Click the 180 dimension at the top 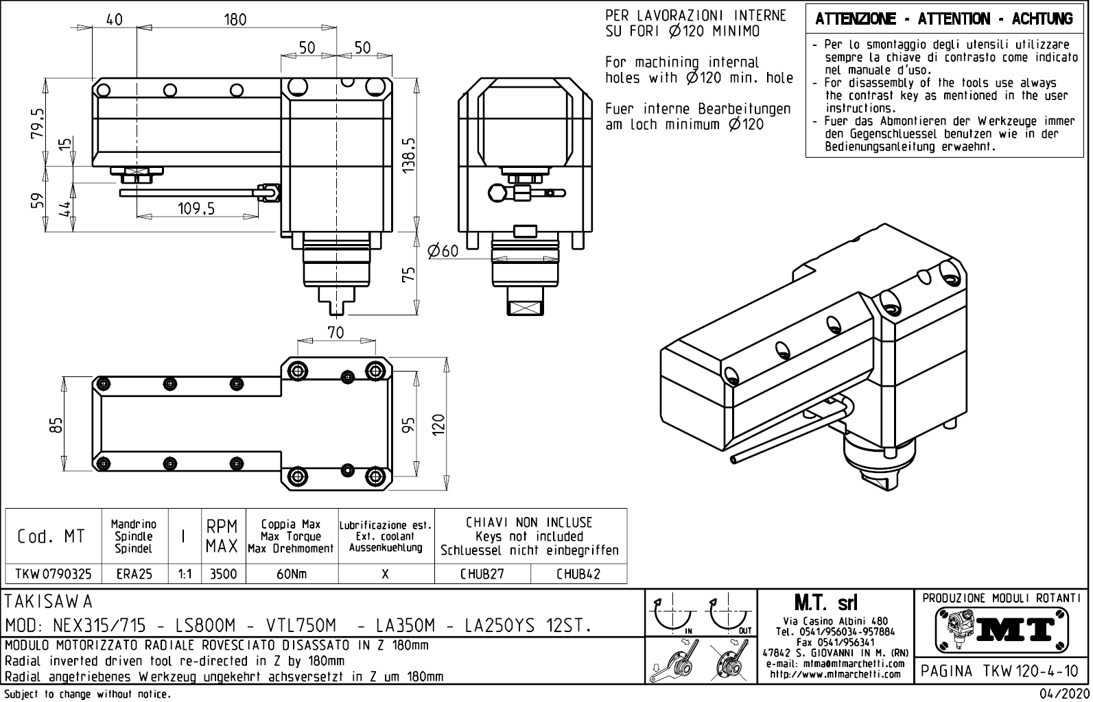coord(235,20)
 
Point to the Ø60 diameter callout coord(443,252)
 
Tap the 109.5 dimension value coord(196,208)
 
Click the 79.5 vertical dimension coord(38,123)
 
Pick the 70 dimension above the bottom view coord(336,333)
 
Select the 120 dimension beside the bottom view coord(439,424)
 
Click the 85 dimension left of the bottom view coord(57,426)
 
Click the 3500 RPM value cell coord(223,574)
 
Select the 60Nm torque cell coord(292,574)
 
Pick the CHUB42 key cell coord(578,574)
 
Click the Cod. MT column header coord(51,537)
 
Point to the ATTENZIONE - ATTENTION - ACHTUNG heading coord(943,20)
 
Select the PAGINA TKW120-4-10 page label coord(1000,671)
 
